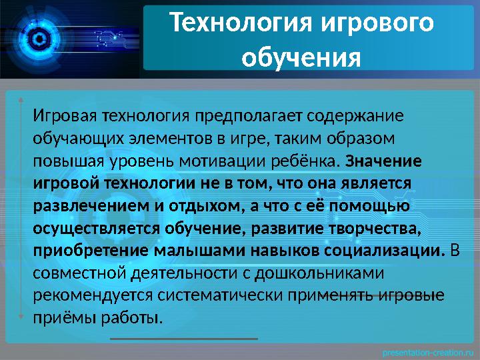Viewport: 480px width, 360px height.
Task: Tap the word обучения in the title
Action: click(x=301, y=57)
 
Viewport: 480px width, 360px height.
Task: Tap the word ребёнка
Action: click(x=313, y=161)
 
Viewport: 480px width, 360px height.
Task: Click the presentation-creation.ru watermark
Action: click(x=427, y=351)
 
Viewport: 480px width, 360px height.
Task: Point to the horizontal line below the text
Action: click(x=183, y=339)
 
